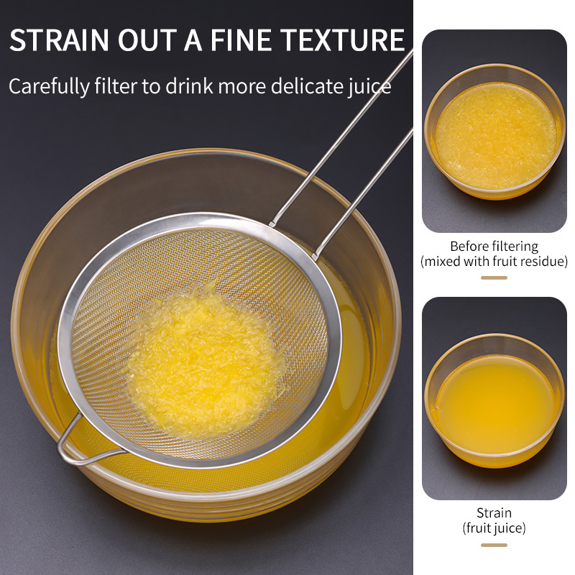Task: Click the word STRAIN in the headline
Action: (60, 40)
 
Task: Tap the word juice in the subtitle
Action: (369, 87)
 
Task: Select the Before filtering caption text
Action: (494, 247)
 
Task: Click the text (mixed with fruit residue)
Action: (494, 262)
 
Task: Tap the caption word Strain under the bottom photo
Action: (494, 512)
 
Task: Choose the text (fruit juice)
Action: (494, 528)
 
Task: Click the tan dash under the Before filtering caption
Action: (494, 277)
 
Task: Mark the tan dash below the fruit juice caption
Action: (494, 545)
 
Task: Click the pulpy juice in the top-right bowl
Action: (495, 136)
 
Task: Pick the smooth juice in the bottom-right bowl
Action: (496, 403)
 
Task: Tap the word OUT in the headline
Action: (147, 40)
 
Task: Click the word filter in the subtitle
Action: (116, 86)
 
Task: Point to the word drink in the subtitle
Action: (190, 86)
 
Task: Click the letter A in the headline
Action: (193, 40)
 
